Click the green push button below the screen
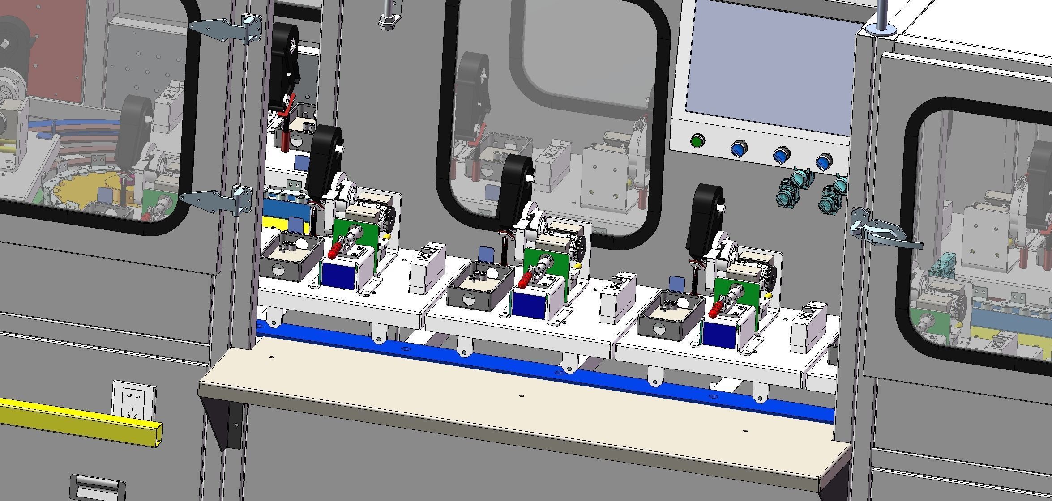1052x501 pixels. pyautogui.click(x=697, y=141)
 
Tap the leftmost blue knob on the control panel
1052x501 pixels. pyautogui.click(x=739, y=148)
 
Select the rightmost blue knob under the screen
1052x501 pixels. pyautogui.click(x=824, y=161)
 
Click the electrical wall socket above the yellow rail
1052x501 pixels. pyautogui.click(x=134, y=401)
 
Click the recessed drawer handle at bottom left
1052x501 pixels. pyautogui.click(x=98, y=488)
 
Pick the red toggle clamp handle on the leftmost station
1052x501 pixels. pyautogui.click(x=334, y=252)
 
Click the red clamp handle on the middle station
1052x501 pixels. pyautogui.click(x=524, y=281)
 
